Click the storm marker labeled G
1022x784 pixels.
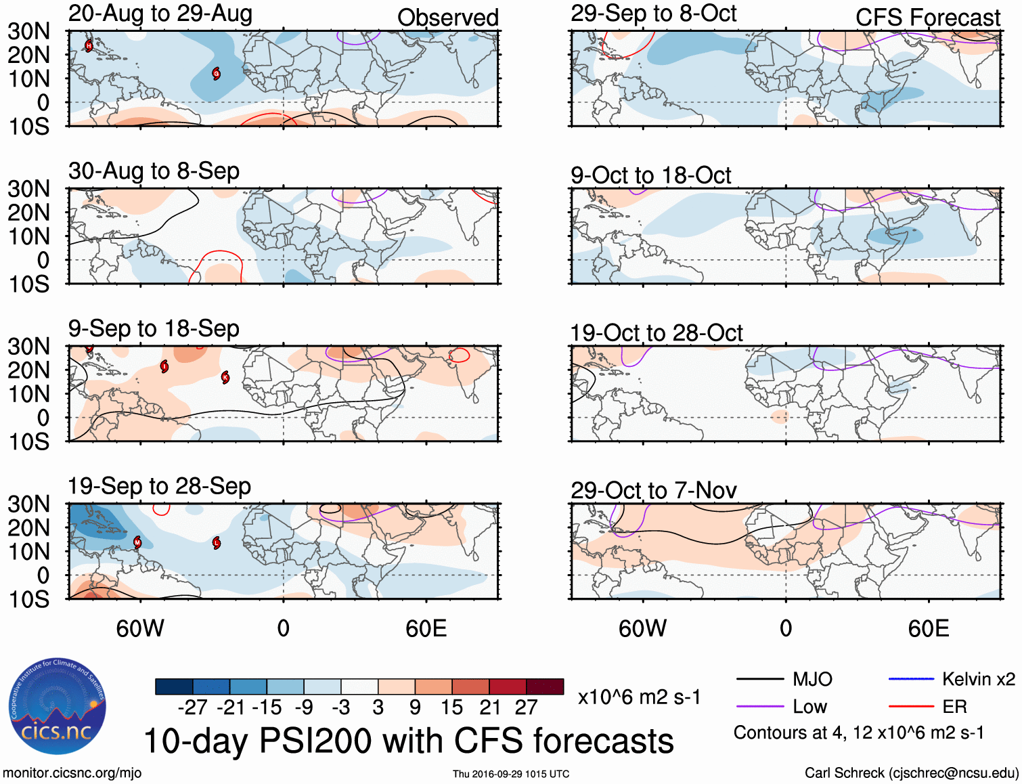(217, 73)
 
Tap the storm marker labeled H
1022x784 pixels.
(89, 46)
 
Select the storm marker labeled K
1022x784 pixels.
(225, 377)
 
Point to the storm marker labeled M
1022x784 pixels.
(137, 542)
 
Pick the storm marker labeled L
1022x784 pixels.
(217, 542)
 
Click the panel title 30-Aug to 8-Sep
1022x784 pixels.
(154, 171)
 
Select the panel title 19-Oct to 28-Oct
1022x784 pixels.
(656, 333)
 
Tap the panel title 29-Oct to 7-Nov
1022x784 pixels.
(653, 490)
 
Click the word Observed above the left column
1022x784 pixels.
(447, 18)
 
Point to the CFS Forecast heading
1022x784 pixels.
(927, 18)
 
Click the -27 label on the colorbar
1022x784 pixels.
(193, 707)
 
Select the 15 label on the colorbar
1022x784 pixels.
(451, 707)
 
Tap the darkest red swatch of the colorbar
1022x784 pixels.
(545, 687)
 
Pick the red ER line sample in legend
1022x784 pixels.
(910, 707)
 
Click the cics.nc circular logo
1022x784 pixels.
(57, 707)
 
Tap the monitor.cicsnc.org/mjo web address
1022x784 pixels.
(72, 773)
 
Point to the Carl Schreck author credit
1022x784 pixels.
(911, 773)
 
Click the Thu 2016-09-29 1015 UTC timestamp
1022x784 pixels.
(511, 774)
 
